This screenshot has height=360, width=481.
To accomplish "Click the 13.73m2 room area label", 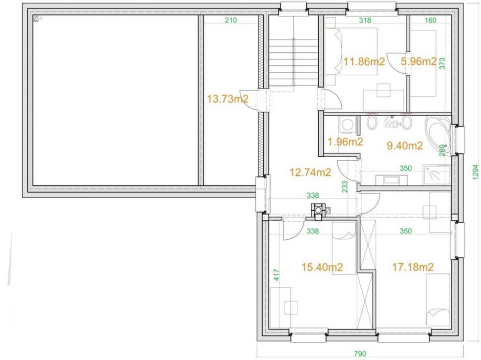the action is pos(227,99).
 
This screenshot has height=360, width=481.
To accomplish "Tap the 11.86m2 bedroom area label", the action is pos(364,62).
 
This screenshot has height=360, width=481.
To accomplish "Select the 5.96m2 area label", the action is pos(419,62).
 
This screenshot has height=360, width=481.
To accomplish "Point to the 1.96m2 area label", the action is pos(345,141).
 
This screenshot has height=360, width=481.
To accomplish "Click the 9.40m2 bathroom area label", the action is pos(405,146).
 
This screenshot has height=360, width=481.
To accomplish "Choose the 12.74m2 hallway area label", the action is pos(310,172).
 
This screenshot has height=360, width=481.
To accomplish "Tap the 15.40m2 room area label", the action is pos(322,268).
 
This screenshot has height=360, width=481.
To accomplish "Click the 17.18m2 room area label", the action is pos(413,267).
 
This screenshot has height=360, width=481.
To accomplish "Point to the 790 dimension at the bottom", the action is pos(360,354).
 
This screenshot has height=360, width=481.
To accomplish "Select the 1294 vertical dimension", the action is pos(475,172).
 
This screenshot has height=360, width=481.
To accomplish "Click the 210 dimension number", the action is pos(231,20).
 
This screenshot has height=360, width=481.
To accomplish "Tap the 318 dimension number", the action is pos(365,20).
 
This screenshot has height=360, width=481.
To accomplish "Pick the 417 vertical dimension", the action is pos(277,275).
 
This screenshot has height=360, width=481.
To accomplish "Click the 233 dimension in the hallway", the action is pos(344,186).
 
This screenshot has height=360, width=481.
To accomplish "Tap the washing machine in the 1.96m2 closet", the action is pos(347,125).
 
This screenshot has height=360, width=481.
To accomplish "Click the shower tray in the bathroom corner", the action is pos(437,175).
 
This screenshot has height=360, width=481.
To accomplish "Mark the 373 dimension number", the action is pos(442,63).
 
